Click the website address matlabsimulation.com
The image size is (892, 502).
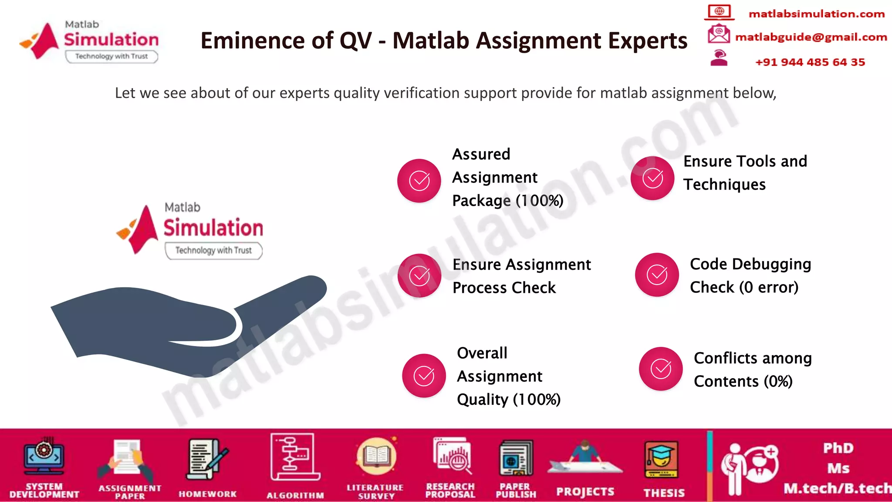816,14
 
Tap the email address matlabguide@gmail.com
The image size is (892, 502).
811,37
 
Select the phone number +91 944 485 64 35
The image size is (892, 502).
810,62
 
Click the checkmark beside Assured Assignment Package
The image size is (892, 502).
419,180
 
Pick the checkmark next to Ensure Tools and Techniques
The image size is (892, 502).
652,178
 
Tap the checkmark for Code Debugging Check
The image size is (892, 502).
657,275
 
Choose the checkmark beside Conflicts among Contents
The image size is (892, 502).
661,369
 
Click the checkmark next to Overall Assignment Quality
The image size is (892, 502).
424,376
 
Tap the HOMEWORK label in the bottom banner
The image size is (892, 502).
208,494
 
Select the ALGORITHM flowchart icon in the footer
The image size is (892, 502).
295,457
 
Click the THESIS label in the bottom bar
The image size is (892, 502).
664,493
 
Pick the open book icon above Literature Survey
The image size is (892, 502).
376,457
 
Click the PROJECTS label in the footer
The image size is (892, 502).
585,492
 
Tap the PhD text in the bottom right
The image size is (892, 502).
838,448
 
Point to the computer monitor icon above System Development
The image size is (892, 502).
44,457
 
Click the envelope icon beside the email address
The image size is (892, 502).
719,34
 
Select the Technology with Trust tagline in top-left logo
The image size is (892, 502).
111,56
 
